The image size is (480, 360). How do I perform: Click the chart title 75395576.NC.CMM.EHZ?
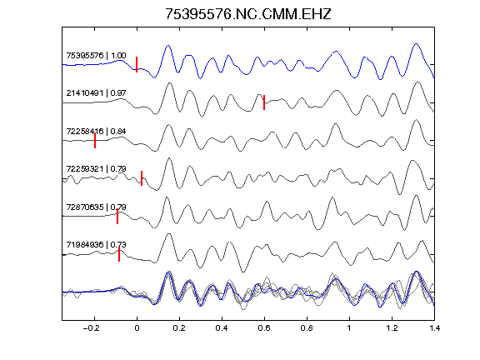click(x=248, y=14)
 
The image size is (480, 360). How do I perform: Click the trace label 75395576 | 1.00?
click(x=96, y=55)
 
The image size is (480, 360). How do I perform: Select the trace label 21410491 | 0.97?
click(x=96, y=93)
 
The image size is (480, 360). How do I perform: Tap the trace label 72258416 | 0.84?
click(x=96, y=132)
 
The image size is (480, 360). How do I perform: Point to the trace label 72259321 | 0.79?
click(x=96, y=169)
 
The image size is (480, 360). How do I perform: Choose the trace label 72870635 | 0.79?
click(x=96, y=207)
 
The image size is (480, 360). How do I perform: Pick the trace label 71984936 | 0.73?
click(x=96, y=245)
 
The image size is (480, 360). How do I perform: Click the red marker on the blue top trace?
click(x=137, y=64)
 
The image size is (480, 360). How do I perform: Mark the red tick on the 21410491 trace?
click(x=264, y=102)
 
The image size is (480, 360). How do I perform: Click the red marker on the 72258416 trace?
click(x=95, y=141)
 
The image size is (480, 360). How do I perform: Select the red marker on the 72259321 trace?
click(x=142, y=178)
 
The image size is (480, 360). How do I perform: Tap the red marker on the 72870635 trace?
click(x=117, y=217)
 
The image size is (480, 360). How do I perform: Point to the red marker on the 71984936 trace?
click(x=119, y=254)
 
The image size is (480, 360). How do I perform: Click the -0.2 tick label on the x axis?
click(x=92, y=328)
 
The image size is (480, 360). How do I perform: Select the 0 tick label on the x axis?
click(x=137, y=328)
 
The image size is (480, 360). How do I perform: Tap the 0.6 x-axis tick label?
click(x=264, y=328)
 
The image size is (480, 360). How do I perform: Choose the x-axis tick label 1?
click(x=349, y=328)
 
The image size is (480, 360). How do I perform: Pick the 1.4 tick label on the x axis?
click(x=434, y=328)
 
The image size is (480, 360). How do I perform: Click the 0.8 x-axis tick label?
click(x=307, y=328)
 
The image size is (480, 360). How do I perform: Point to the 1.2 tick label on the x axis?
click(x=392, y=328)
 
